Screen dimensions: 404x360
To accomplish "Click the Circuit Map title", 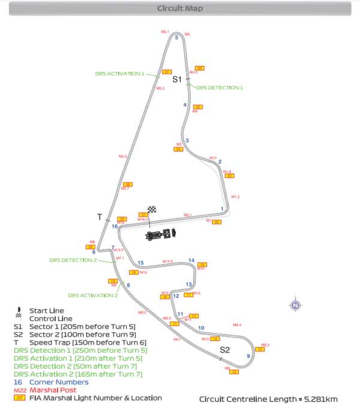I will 179,8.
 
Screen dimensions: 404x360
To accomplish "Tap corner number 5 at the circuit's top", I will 176,38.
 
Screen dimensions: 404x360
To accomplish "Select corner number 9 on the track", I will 248,357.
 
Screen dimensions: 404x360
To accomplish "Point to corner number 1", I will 222,209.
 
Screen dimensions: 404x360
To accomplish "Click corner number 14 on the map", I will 191,260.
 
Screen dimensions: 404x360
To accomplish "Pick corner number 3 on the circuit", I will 187,140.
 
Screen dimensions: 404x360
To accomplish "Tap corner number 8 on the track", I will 128,285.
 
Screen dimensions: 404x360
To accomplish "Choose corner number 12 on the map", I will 176,296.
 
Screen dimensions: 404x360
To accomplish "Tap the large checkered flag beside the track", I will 152,209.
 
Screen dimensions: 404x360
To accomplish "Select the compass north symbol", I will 295,305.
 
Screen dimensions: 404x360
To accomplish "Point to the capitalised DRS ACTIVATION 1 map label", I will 120,74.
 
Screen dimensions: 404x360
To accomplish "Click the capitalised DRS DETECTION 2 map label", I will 73,260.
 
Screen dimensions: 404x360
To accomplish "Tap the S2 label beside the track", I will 224,349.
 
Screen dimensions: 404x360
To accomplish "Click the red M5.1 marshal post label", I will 165,31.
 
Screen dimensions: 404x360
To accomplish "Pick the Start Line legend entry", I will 46,310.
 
